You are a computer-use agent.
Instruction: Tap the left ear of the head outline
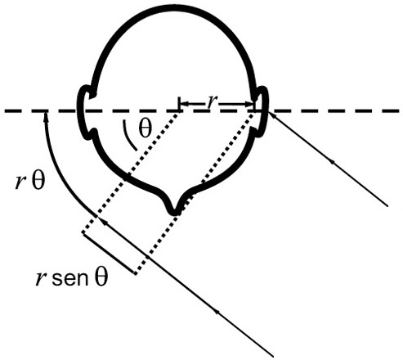pos(84,112)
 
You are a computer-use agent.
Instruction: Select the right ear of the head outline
pos(262,109)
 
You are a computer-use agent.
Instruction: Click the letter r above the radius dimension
pos(210,102)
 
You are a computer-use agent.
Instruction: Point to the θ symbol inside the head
pos(145,128)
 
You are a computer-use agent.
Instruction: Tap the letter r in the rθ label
pos(19,182)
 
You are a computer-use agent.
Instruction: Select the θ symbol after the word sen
pos(101,277)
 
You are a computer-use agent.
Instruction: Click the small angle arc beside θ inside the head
pos(128,137)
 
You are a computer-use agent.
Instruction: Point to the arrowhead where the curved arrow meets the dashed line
pos(47,118)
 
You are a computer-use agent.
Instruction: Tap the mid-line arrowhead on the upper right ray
pos(332,161)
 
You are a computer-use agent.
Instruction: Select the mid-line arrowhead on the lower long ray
pos(217,311)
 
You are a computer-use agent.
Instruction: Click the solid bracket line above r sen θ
pos(109,253)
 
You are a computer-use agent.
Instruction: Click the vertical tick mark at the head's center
pos(179,104)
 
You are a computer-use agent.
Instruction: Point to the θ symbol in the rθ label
pos(38,181)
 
